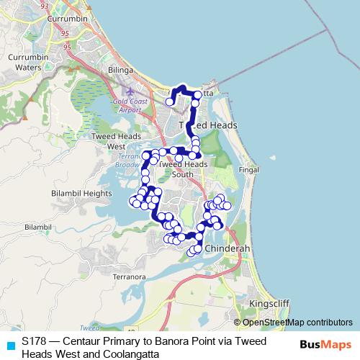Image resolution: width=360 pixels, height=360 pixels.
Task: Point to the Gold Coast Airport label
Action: coord(125,106)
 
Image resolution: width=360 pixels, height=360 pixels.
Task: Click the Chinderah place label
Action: coord(227,248)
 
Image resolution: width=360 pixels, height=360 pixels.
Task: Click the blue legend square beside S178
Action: coord(10,343)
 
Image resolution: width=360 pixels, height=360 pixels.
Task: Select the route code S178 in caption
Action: coord(35,341)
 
